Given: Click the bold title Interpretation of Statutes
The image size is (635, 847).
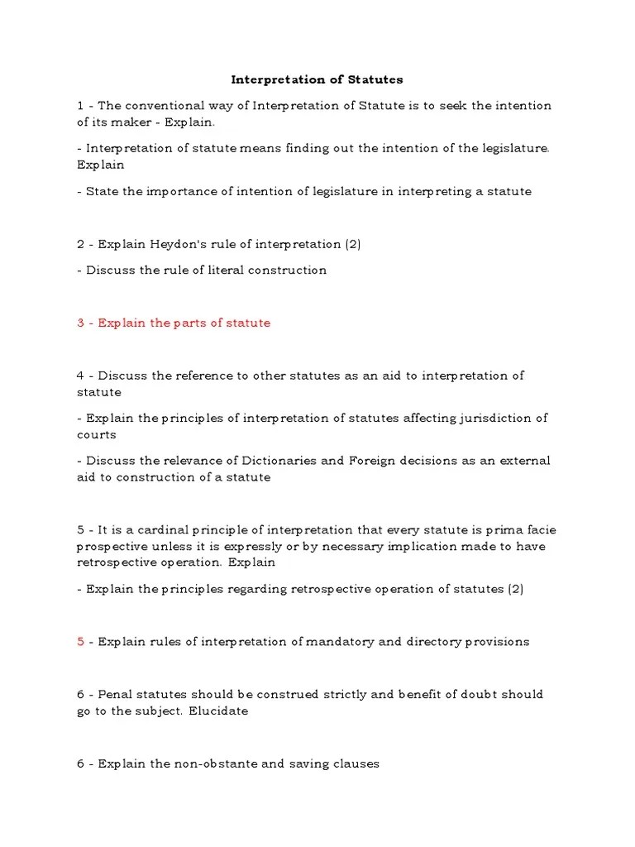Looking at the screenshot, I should coord(317,79).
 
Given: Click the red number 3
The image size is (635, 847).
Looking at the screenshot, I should coord(81,323).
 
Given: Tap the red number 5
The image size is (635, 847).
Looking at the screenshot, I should coord(81,642).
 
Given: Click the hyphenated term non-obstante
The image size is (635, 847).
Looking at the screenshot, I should coord(216,763).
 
